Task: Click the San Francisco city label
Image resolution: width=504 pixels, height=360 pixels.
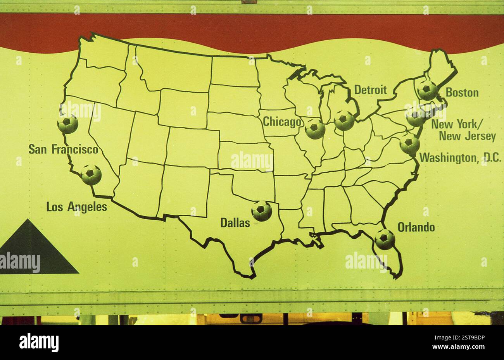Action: click(63, 149)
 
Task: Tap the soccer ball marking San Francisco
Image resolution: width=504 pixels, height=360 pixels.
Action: click(68, 124)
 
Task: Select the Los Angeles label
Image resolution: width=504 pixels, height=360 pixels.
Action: click(76, 207)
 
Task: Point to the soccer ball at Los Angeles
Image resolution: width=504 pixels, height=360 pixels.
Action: click(91, 175)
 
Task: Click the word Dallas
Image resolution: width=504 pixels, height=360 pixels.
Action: click(235, 223)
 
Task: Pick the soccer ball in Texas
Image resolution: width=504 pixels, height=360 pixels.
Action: click(262, 211)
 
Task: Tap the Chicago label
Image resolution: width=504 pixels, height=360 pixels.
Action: click(282, 122)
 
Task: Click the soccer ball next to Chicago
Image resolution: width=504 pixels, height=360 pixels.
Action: click(315, 129)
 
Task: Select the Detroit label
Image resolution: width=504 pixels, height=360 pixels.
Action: click(370, 90)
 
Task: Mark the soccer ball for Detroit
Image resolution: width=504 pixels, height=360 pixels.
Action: click(344, 121)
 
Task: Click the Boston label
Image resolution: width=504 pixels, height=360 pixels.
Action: click(462, 93)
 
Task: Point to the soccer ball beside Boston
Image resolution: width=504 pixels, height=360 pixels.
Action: click(428, 91)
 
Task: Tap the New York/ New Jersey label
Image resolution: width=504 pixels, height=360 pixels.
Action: click(463, 131)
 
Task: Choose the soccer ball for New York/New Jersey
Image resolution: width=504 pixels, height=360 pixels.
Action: click(416, 117)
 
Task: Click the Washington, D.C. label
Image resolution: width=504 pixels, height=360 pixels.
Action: click(460, 158)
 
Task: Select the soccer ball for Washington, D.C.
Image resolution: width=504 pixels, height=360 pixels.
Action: click(409, 144)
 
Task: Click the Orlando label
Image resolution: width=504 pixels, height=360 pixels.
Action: click(416, 227)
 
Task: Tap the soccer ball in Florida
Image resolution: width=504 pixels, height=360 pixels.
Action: click(385, 239)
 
